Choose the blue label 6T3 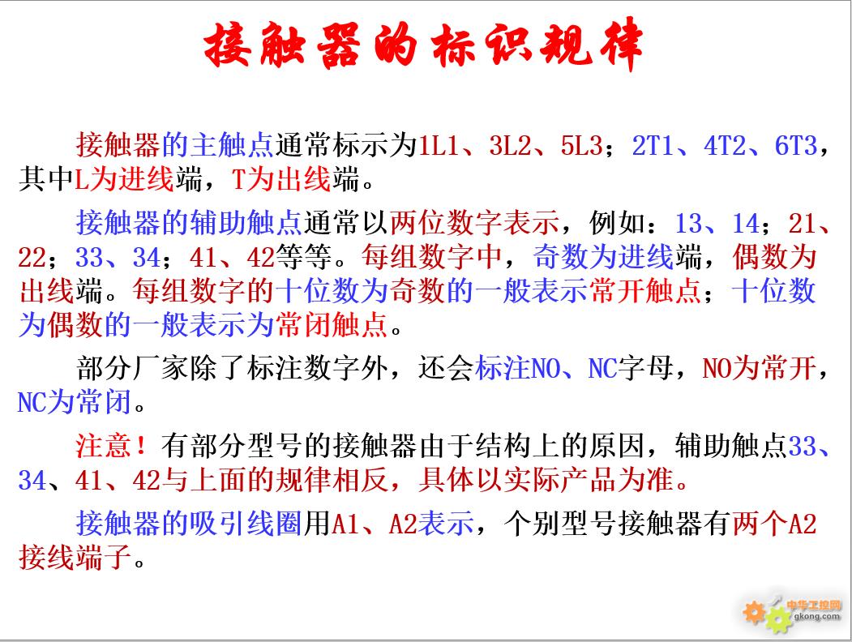796,146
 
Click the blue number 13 689,223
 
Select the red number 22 32,258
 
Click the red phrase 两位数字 446,223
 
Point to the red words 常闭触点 332,325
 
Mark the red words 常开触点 645,290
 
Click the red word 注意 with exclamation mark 111,446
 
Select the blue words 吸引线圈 246,524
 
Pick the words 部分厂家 133,368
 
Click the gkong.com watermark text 816,617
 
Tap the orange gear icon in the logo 754,612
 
